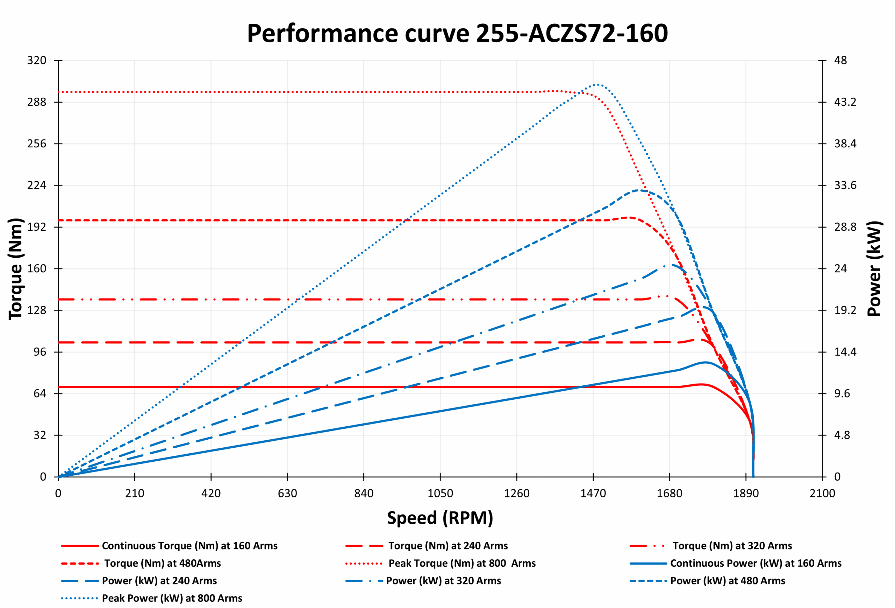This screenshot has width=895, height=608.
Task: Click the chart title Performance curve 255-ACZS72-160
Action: (457, 34)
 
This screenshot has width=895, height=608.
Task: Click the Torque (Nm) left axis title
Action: (16, 269)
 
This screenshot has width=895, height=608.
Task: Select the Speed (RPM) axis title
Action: (440, 518)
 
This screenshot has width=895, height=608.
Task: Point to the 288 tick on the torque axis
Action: (37, 102)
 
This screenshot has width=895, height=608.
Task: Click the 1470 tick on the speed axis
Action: (593, 494)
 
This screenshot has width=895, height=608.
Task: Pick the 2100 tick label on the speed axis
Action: (822, 494)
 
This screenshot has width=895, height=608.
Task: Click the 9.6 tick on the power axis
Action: (842, 394)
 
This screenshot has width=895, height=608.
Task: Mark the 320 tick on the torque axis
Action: (37, 61)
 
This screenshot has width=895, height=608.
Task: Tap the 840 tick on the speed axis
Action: (364, 494)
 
